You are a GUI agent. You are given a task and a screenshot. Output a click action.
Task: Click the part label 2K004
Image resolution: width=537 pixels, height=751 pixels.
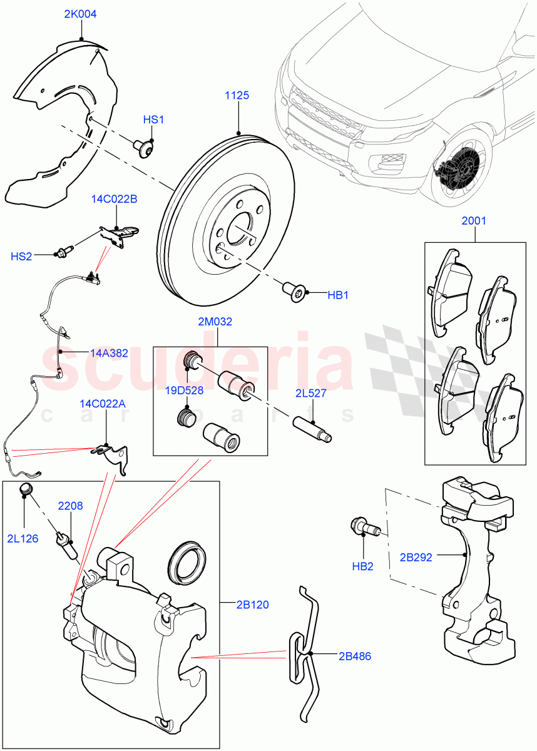coord(80,14)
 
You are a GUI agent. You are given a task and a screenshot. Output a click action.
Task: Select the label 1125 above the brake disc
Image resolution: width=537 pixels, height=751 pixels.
coord(237,95)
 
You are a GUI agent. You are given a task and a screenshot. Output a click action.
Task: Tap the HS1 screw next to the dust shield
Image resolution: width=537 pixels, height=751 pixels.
coord(143,148)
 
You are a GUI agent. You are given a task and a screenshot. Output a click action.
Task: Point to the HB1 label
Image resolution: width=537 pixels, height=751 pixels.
coord(338,295)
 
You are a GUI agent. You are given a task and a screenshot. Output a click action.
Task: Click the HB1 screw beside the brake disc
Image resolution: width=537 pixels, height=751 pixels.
coord(295,291)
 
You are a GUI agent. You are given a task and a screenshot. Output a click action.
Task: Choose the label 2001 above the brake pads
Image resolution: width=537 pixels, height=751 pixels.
coord(474,221)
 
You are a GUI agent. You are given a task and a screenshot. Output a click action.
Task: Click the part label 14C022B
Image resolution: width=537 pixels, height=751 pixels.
coord(113,199)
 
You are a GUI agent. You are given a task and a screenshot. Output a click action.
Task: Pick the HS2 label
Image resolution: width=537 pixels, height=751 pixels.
coord(21,257)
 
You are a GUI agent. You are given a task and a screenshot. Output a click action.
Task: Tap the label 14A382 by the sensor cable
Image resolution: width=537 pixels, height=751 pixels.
coord(109,353)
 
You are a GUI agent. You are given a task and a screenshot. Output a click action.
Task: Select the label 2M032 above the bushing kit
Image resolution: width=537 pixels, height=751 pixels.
coord(215,322)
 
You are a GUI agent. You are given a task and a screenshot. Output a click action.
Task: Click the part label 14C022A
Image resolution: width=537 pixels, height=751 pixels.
coord(102,404)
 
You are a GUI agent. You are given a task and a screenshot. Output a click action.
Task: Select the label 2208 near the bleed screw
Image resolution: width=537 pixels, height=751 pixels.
coord(71,505)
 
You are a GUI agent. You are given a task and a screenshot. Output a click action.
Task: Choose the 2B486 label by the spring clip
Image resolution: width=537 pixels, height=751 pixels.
coord(354,656)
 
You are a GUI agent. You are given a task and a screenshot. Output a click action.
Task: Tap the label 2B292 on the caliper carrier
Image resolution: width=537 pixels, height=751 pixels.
coord(416,556)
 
